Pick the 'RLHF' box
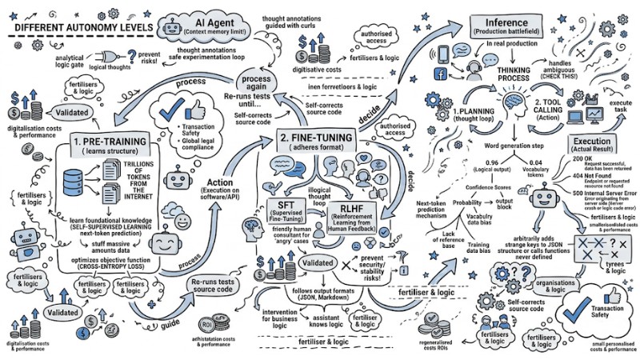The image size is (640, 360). click(346, 214)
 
